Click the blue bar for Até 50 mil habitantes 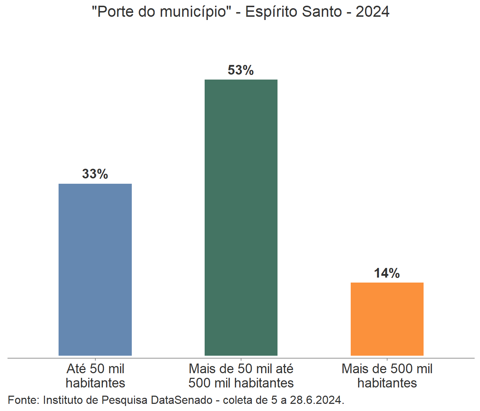[95, 269]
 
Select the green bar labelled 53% [241, 217]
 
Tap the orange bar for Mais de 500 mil [387, 319]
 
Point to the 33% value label [95, 174]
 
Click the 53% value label [241, 70]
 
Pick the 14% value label [387, 273]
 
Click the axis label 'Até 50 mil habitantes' [95, 376]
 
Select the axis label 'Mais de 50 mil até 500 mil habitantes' [241, 376]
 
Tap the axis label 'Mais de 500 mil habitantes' [387, 376]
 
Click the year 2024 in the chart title [372, 12]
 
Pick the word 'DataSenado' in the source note [181, 400]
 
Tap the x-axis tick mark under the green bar [241, 360]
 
